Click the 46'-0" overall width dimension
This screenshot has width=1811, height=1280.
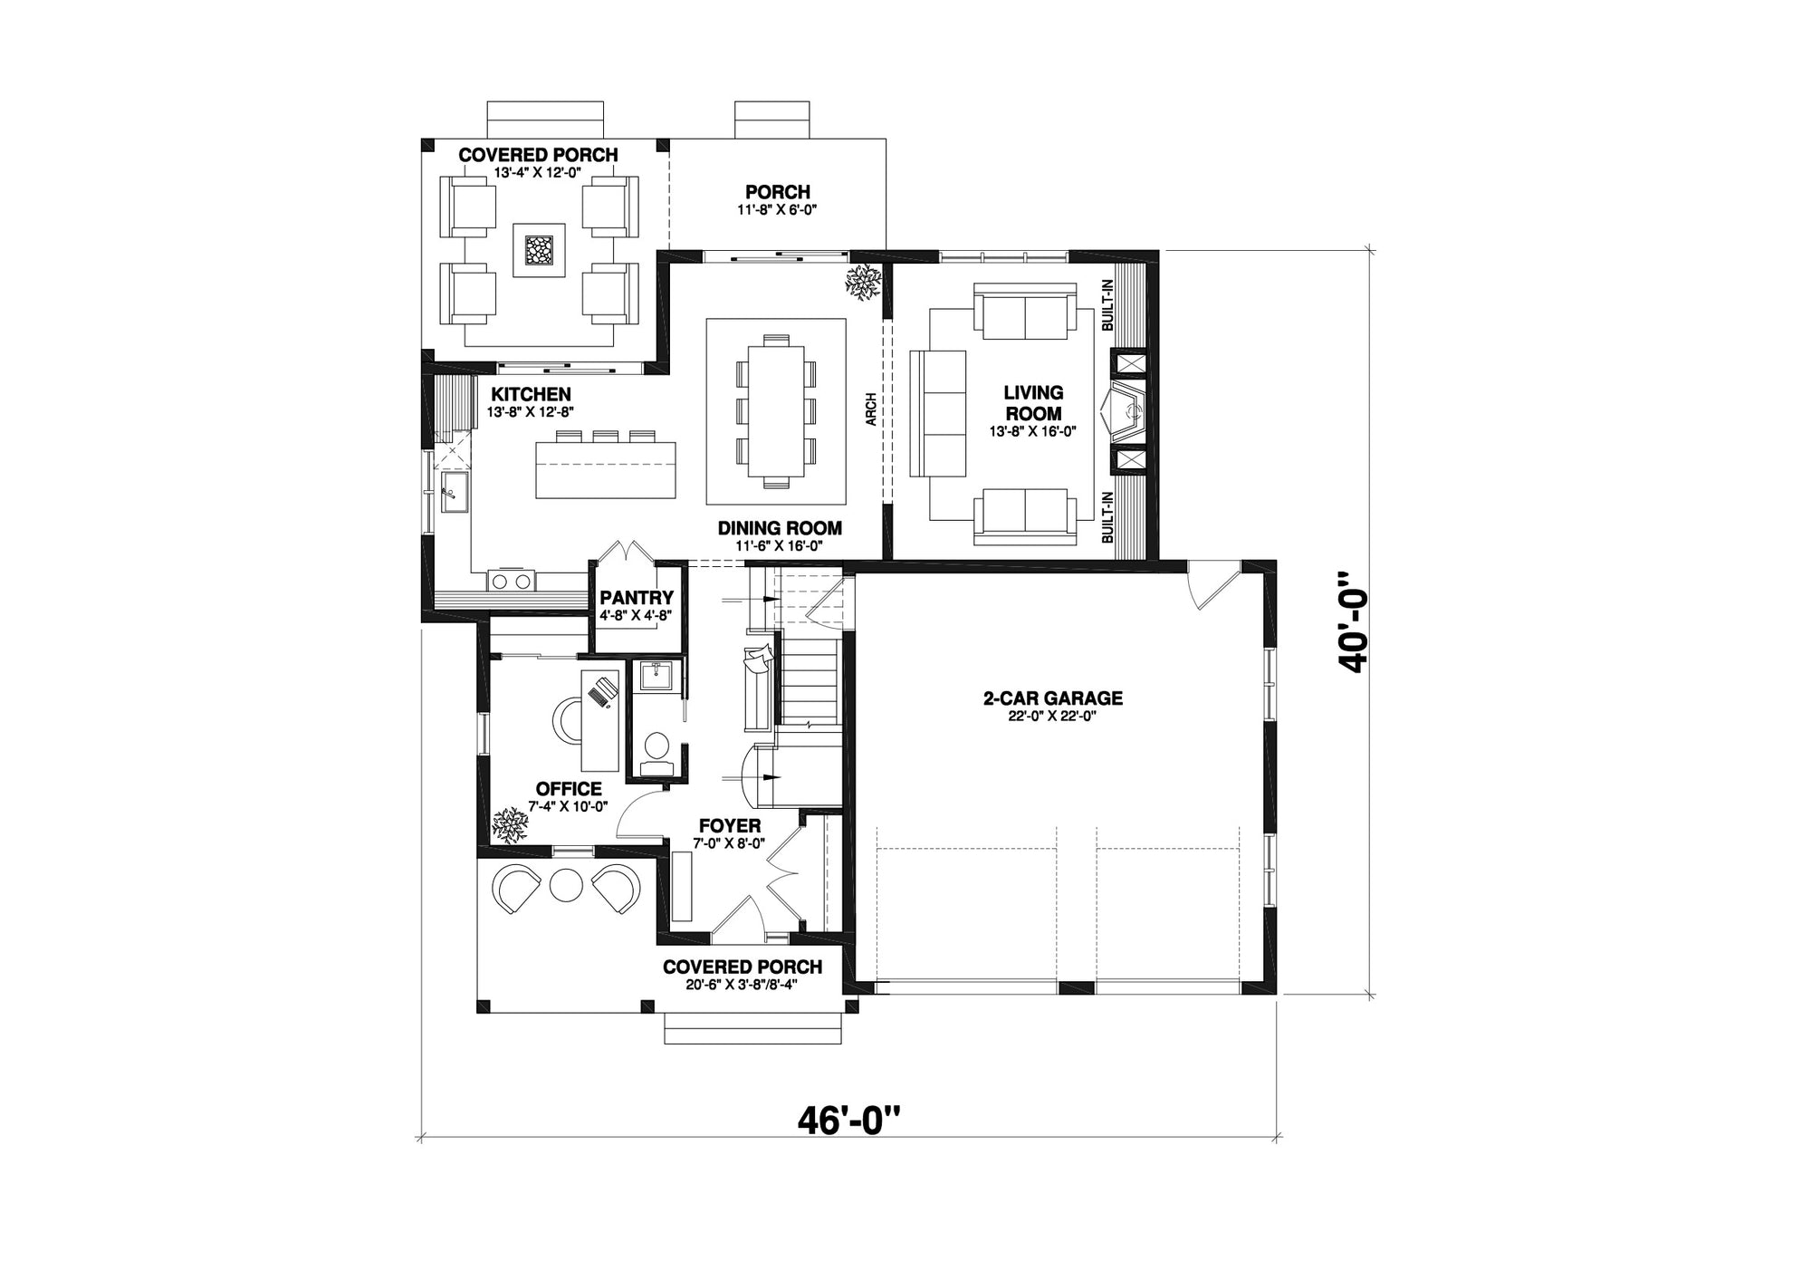point(849,1121)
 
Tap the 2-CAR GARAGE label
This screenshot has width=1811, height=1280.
point(1053,698)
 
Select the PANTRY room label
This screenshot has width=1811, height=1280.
point(637,598)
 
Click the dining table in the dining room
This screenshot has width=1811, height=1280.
point(776,412)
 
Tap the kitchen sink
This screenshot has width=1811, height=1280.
point(454,492)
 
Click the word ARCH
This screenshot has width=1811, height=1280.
point(870,409)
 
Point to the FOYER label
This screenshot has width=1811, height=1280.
point(730,826)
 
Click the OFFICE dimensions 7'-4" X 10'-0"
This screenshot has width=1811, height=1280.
point(568,806)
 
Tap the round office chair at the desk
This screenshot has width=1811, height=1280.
point(570,720)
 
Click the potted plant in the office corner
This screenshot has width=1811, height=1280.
point(510,825)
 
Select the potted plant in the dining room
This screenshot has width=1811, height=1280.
point(863,282)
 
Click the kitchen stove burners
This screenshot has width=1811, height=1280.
point(512,582)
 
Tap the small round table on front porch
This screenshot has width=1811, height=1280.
point(566,884)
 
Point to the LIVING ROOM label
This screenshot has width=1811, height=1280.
point(1033,403)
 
